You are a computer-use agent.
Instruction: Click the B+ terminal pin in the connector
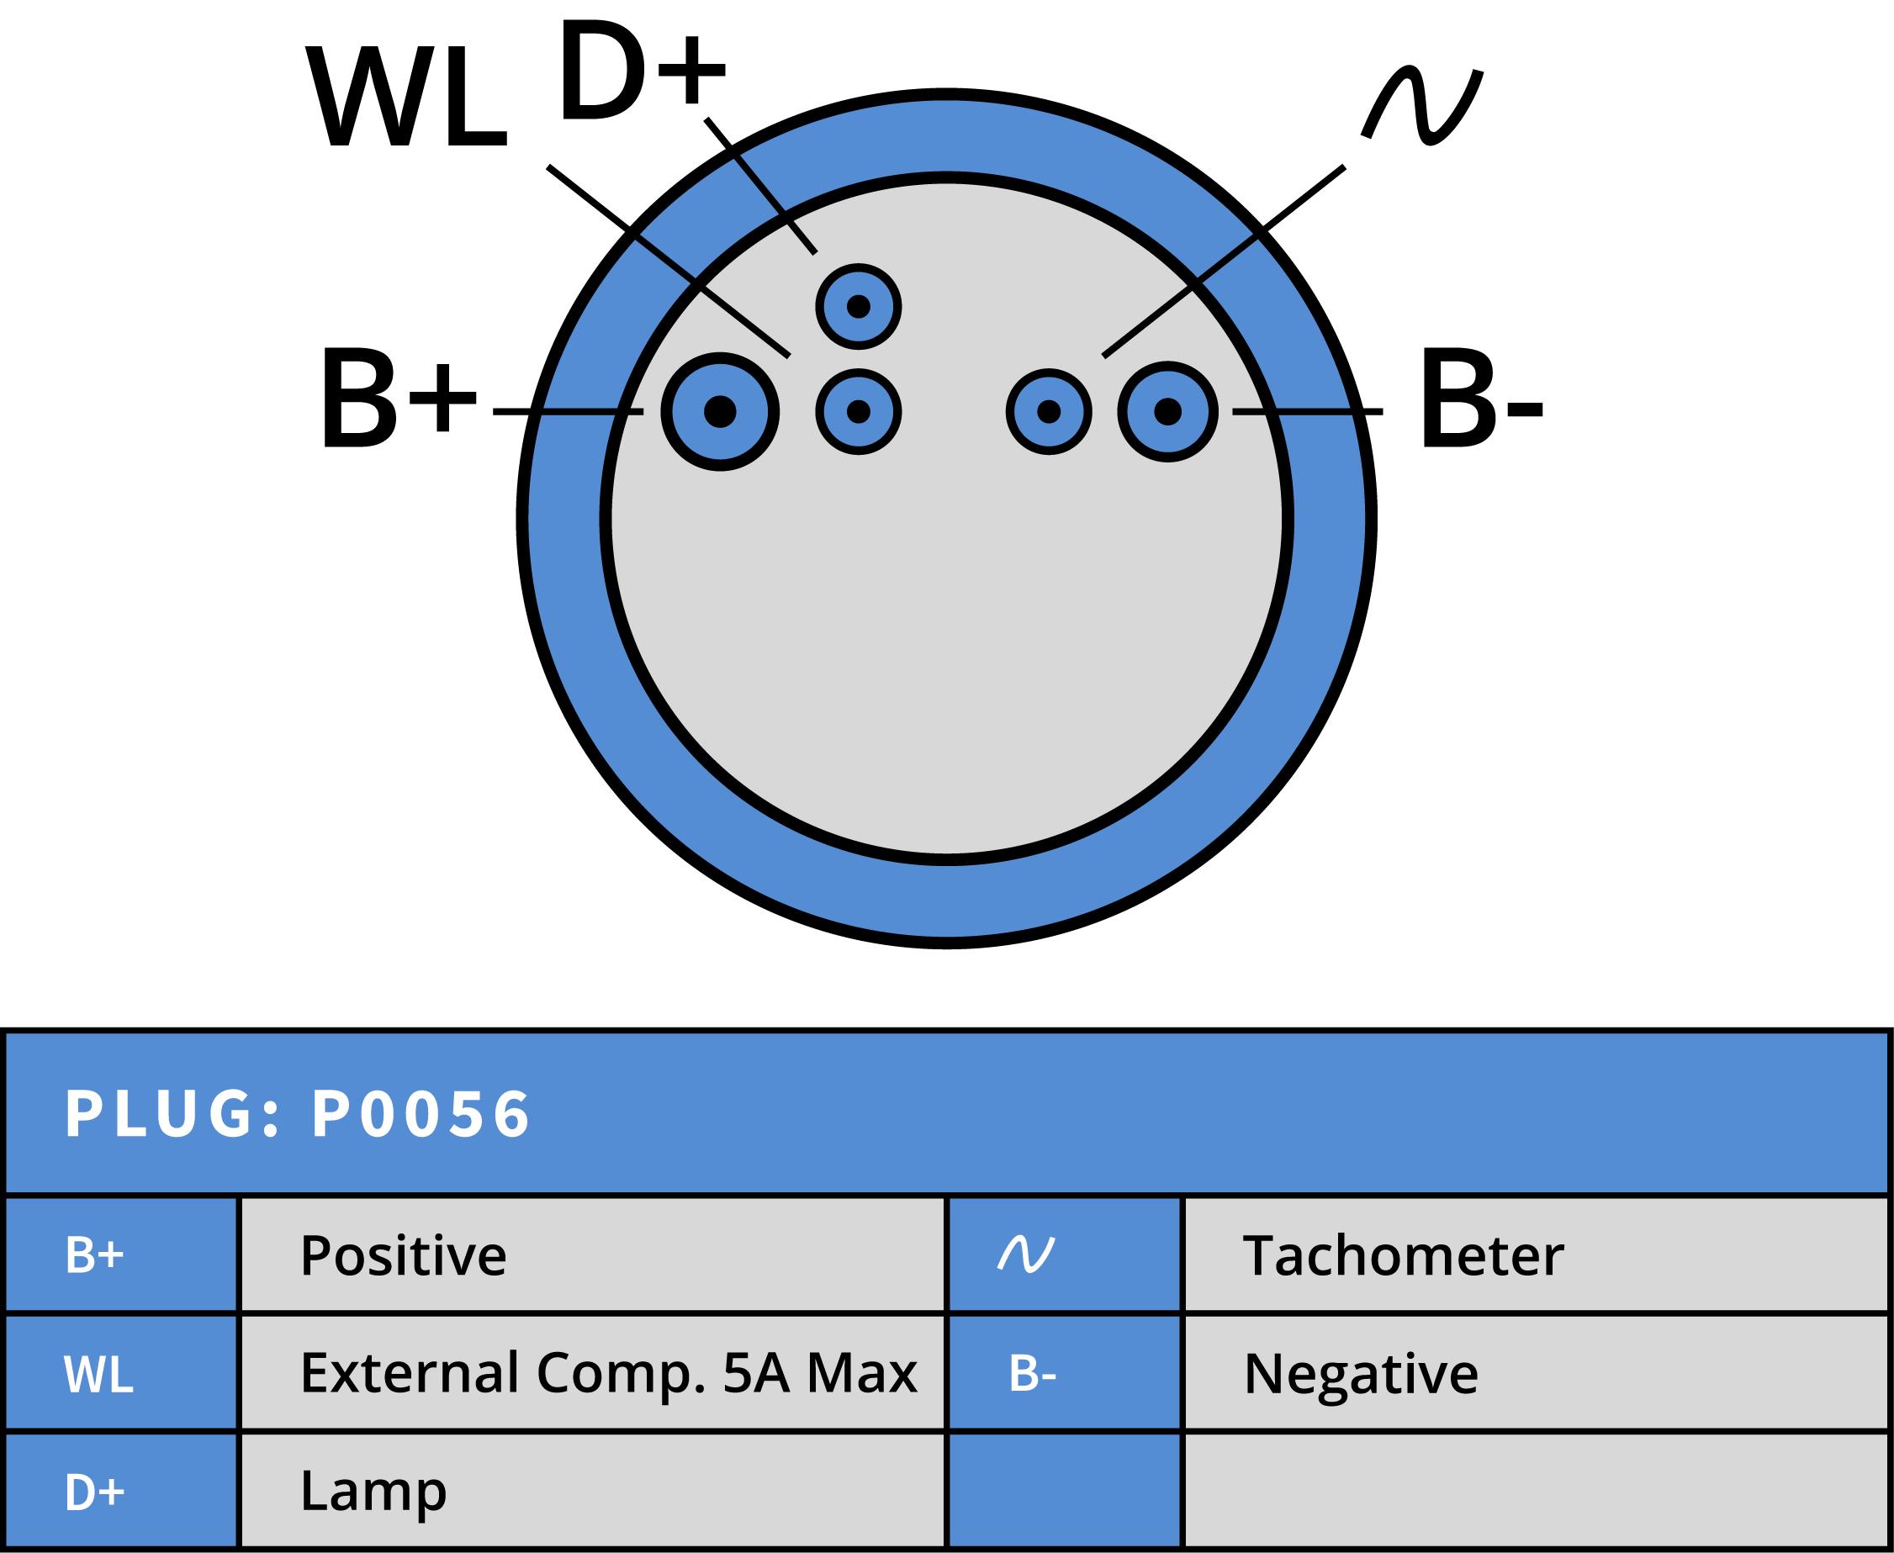coord(720,411)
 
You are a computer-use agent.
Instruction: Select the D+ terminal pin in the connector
coord(858,307)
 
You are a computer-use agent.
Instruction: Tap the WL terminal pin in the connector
coord(858,411)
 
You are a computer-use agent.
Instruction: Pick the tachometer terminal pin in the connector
coord(1049,411)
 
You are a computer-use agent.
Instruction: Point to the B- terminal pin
coord(1167,411)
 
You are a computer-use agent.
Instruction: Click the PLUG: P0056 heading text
coord(298,1115)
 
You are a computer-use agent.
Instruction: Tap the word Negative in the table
coord(1360,1374)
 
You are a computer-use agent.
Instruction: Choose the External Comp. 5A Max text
coord(608,1373)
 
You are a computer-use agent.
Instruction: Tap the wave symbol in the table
coord(1026,1255)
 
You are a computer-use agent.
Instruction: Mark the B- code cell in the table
coord(1033,1374)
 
